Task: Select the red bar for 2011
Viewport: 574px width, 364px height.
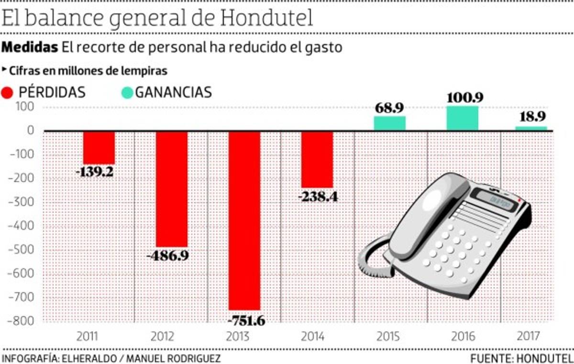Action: (99, 148)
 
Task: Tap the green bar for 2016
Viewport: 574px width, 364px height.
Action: (462, 118)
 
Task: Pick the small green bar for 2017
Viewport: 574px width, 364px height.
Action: (531, 128)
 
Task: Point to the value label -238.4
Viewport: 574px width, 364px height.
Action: (317, 196)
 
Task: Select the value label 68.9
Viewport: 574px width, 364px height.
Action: (389, 108)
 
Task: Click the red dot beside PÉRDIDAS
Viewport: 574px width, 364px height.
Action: (8, 92)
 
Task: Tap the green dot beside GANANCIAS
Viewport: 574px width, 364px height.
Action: (127, 92)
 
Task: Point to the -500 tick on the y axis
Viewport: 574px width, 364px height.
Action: (21, 250)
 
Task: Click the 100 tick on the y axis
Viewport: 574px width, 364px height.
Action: (24, 107)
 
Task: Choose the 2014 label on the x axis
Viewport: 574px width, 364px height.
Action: (313, 337)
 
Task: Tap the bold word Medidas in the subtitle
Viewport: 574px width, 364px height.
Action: (30, 48)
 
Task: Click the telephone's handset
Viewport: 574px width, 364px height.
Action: (426, 216)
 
